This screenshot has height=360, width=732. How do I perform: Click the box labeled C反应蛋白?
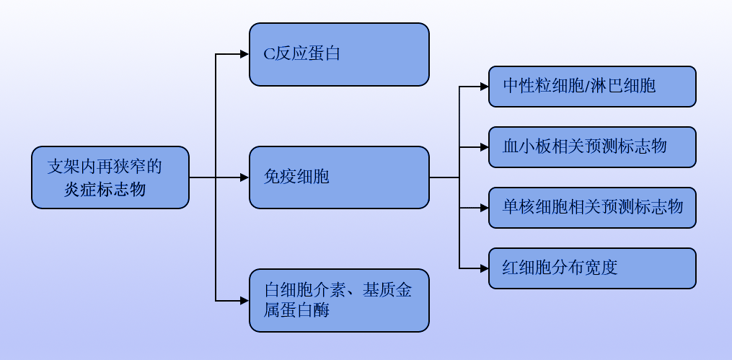[x=339, y=54]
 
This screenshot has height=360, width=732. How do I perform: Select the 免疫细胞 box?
[x=339, y=177]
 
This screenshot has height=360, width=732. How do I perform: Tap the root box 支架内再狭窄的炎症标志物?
[x=110, y=177]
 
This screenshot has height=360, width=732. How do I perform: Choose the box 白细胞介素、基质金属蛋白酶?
[x=339, y=301]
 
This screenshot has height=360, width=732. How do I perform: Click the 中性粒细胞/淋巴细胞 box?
[x=592, y=87]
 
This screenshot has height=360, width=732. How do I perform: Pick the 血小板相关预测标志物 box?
[x=592, y=147]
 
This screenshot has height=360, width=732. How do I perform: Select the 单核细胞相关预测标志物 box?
[x=592, y=208]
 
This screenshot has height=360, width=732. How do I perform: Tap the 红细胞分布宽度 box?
[x=592, y=268]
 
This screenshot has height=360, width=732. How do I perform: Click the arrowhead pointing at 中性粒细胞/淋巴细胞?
[x=484, y=87]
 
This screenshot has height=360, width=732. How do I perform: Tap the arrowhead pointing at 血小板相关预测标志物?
[x=484, y=147]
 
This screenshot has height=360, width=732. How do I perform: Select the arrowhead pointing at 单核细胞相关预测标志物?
[x=484, y=208]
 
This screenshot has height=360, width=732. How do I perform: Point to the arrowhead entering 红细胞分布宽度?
[x=484, y=268]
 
